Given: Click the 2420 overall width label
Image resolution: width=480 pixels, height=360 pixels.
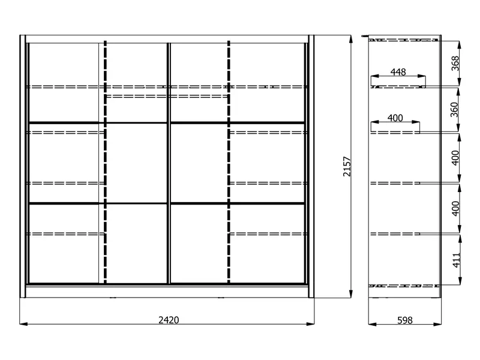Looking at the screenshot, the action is [x=169, y=320].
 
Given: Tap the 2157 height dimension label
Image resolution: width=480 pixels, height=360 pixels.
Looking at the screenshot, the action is [x=347, y=167].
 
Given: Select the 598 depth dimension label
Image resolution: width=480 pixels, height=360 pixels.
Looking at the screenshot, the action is [x=404, y=320].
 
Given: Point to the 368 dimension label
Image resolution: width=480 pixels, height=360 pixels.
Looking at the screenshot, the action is [x=455, y=64].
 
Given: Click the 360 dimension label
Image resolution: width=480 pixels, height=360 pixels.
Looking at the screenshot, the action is [x=454, y=110].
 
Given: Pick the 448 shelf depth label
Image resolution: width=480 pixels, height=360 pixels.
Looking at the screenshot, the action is [x=398, y=72].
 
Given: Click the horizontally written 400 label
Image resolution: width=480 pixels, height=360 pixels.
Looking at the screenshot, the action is [x=395, y=118].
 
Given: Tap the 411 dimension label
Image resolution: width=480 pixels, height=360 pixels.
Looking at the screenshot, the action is [x=456, y=260].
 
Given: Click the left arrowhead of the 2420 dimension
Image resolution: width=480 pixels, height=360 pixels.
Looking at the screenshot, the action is [x=23, y=323].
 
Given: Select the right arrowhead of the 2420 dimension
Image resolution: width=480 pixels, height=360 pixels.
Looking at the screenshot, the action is [x=310, y=323].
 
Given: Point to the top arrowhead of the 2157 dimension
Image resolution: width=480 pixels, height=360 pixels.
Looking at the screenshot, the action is [x=351, y=39].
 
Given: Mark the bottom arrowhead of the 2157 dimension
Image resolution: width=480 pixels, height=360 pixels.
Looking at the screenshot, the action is [x=351, y=293].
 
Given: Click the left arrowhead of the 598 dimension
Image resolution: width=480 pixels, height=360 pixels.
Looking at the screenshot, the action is [x=373, y=323].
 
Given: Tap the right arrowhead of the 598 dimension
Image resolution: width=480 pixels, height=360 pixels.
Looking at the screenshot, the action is [x=437, y=323].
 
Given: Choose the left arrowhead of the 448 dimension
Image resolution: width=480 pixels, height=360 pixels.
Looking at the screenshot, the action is [x=375, y=76].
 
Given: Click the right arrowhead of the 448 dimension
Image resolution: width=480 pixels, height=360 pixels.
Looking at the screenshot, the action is [x=422, y=76].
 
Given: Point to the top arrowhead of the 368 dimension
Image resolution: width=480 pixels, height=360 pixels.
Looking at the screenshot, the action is [x=459, y=45].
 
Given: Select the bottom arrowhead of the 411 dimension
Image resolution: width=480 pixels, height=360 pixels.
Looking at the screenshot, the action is [x=460, y=280].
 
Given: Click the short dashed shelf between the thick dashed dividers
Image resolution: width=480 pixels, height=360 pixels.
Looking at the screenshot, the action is [x=167, y=96].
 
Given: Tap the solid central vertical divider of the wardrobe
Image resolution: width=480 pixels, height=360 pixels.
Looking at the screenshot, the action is [x=169, y=163].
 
